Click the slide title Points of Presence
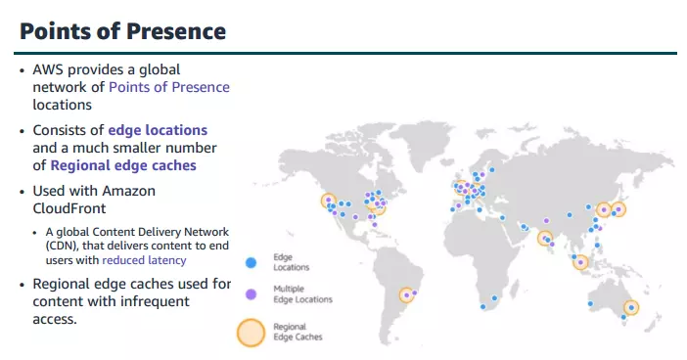[123, 31]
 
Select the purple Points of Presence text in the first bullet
[169, 87]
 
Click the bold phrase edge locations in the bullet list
[158, 130]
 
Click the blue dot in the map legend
[251, 262]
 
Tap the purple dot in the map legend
[251, 293]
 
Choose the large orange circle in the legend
[252, 332]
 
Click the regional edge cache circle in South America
[406, 294]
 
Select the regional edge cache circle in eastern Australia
[631, 306]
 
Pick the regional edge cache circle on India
[544, 238]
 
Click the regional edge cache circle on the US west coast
[328, 201]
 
